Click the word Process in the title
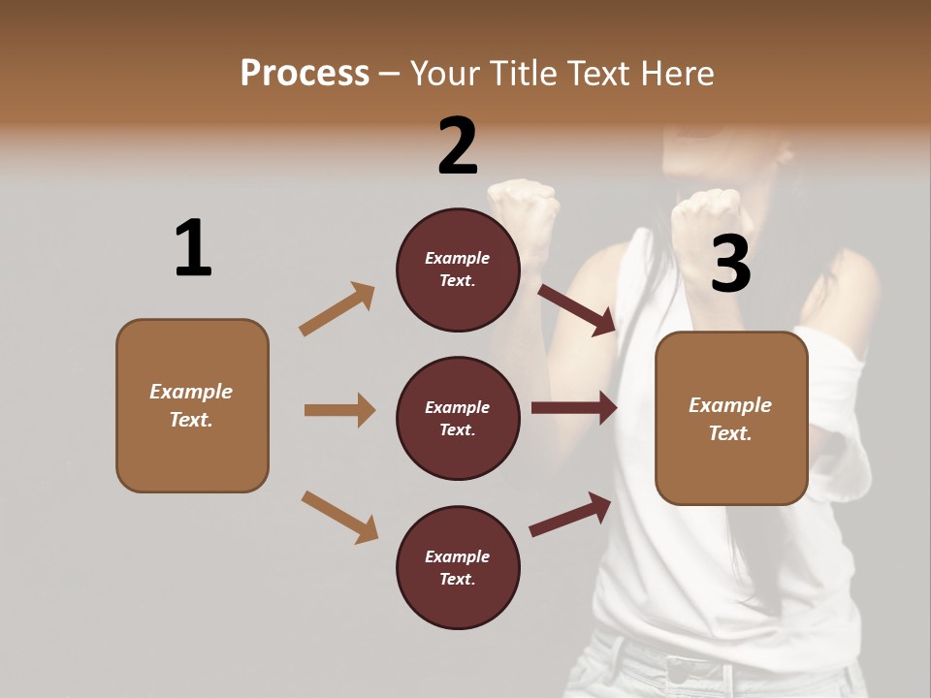tap(305, 73)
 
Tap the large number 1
tap(192, 248)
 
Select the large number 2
tap(458, 145)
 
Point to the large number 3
tap(730, 264)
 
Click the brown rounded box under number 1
tap(192, 405)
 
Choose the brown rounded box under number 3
tap(731, 418)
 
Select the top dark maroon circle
tap(458, 270)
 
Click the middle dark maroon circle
tap(458, 418)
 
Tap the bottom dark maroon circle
tap(458, 567)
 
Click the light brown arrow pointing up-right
tap(337, 309)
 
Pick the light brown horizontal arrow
tap(339, 410)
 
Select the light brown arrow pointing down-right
tap(339, 517)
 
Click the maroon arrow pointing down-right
tap(577, 310)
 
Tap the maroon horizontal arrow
tap(574, 407)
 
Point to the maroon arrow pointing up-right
tap(570, 514)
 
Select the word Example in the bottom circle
tap(457, 556)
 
